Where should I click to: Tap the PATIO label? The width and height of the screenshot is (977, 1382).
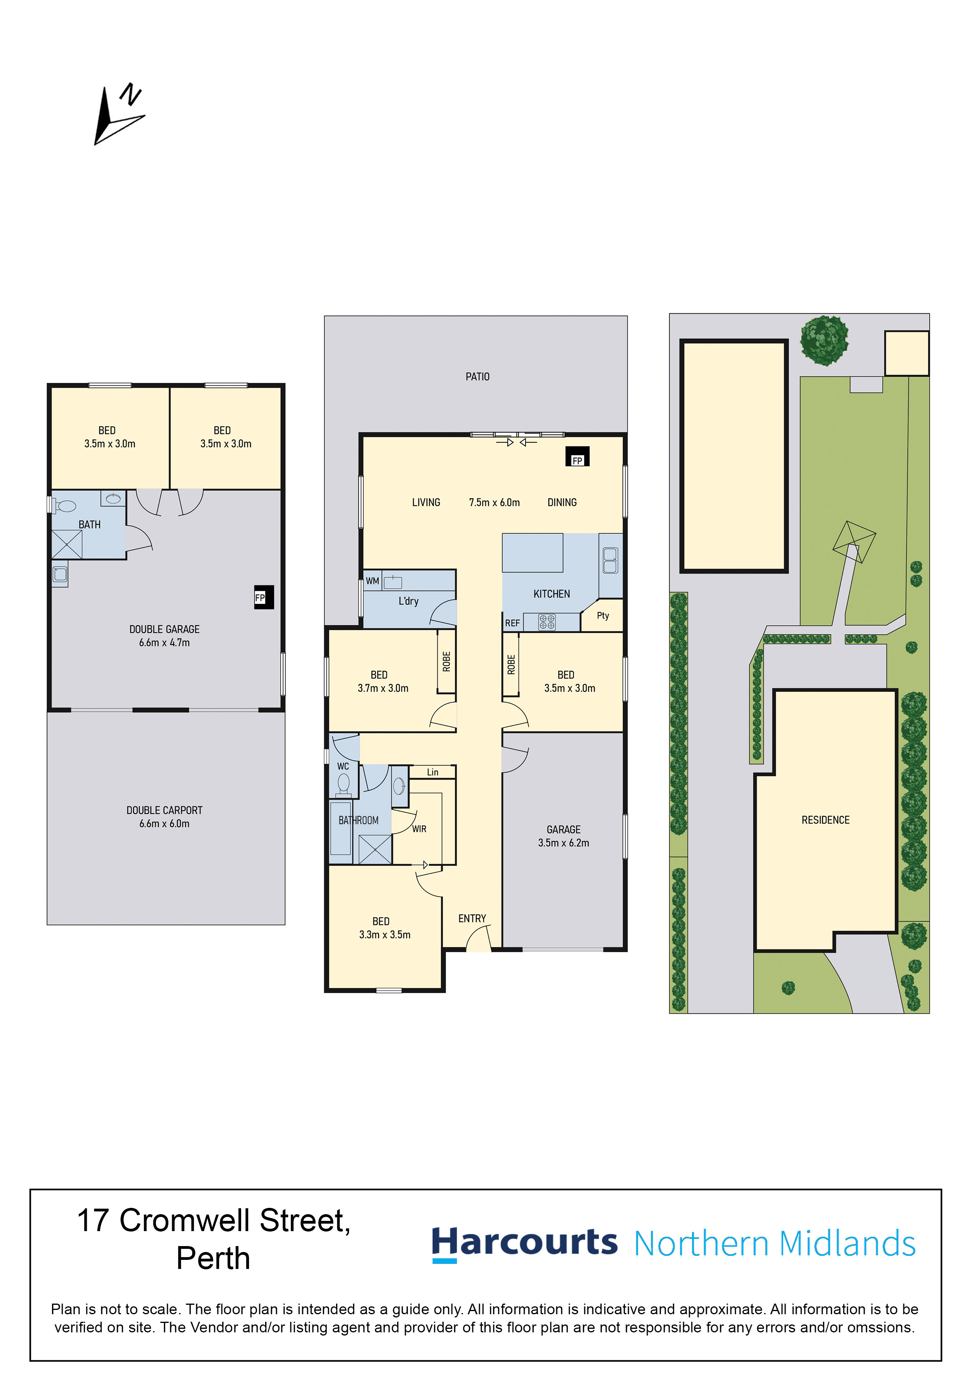point(477,377)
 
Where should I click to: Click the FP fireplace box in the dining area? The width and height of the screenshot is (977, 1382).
point(577,456)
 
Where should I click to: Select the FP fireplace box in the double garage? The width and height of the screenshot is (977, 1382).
point(264,597)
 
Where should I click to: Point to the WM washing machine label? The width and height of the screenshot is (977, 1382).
point(373,581)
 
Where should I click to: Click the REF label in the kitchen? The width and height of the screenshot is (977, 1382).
point(512,623)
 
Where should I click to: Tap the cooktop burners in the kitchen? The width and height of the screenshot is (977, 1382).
point(546,622)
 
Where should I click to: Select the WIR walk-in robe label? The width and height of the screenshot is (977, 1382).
point(419,829)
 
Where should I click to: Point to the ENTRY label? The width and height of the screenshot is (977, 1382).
point(472,919)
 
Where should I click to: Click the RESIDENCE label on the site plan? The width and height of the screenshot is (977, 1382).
point(825,820)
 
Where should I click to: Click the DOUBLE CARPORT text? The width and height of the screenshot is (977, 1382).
point(164,810)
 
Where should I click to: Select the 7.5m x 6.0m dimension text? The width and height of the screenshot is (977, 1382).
point(494,503)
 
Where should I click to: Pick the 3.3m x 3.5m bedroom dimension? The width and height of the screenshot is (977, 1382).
point(384,935)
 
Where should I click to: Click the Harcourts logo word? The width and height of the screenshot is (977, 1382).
point(524,1243)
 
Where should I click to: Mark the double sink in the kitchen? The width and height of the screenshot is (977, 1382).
point(610,560)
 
